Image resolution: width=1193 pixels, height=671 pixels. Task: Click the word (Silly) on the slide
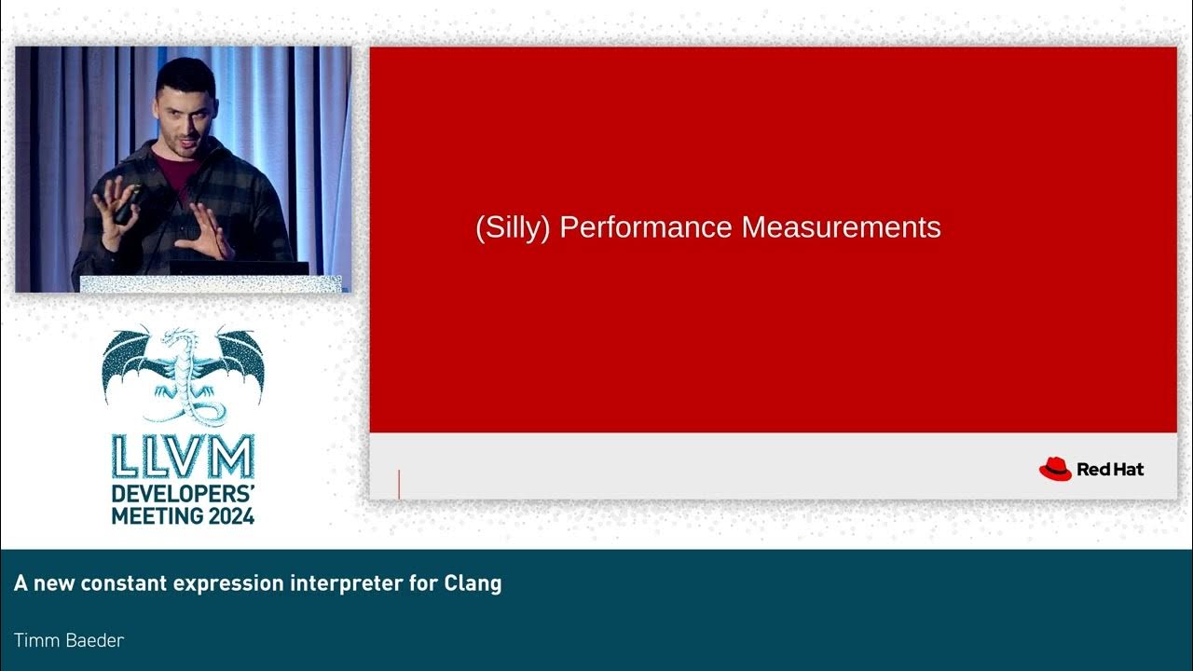click(513, 228)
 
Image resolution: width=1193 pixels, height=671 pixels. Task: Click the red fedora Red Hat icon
click(1055, 469)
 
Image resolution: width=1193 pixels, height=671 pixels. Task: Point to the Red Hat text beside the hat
click(1110, 470)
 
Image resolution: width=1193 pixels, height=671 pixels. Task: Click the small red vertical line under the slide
click(399, 485)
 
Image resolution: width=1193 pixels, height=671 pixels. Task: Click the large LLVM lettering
click(183, 458)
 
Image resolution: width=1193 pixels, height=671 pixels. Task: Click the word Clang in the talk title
click(473, 583)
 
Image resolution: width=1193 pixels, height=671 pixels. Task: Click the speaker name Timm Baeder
click(69, 640)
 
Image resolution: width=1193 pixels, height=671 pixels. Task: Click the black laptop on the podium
click(239, 267)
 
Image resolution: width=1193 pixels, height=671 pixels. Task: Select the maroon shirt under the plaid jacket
click(171, 172)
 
